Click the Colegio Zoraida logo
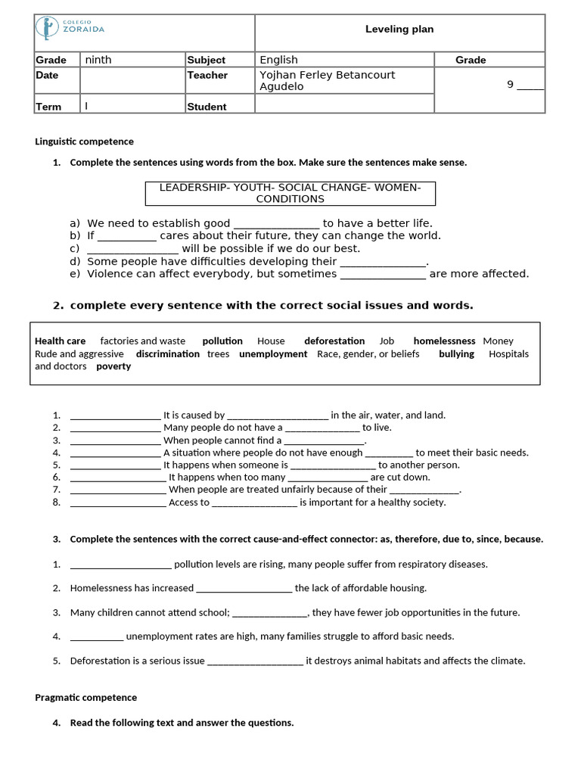click(70, 29)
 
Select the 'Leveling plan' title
click(399, 30)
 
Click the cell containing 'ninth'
click(98, 60)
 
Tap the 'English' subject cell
click(279, 60)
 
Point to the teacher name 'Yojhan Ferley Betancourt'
click(327, 75)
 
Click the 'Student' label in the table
click(207, 107)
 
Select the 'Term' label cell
click(48, 107)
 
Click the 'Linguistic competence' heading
click(84, 142)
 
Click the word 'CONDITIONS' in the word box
click(290, 199)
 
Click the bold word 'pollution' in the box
click(222, 341)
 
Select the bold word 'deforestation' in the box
click(334, 341)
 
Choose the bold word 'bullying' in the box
click(456, 354)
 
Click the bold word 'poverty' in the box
click(113, 366)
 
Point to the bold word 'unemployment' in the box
click(273, 354)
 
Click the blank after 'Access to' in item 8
click(254, 503)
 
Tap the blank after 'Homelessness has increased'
click(244, 588)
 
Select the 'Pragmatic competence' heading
click(85, 698)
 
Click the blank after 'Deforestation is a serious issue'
click(255, 661)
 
